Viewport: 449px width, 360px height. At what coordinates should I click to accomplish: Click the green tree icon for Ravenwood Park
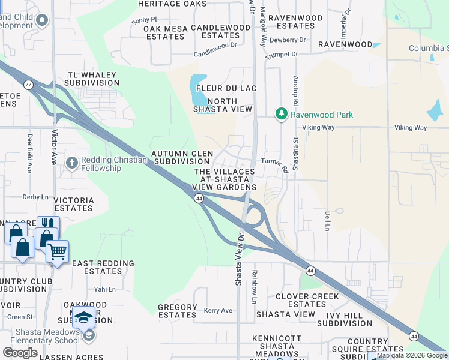point(281,114)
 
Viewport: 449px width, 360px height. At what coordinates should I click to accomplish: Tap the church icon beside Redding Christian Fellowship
point(71,163)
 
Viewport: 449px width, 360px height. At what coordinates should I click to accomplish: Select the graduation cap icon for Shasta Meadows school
point(85,316)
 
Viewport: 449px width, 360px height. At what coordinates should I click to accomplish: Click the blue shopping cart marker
point(57,251)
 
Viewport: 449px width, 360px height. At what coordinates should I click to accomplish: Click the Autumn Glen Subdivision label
point(182,158)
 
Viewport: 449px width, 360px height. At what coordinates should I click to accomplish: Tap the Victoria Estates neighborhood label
point(73,204)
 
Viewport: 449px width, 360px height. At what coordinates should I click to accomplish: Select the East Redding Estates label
point(97,268)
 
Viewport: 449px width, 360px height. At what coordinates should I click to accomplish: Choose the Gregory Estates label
point(177,311)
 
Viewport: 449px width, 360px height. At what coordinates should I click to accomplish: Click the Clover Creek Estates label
point(307,300)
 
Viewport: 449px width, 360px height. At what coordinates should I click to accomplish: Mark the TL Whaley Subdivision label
point(92,79)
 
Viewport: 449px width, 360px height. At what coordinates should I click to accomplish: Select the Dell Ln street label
point(328,221)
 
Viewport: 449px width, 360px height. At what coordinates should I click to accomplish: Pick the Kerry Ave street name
point(218,310)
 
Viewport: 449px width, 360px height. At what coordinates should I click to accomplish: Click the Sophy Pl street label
point(144,19)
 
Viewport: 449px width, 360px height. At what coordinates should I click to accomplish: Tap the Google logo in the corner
point(20,353)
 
